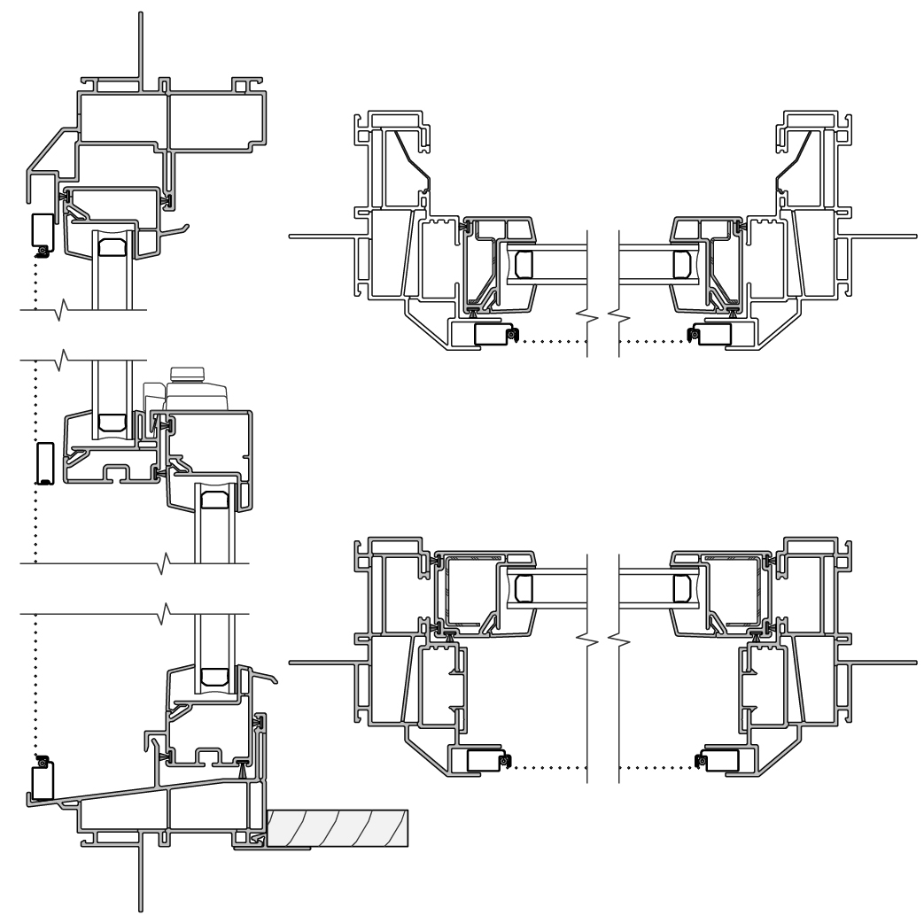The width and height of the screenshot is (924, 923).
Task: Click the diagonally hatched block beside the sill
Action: tap(337, 827)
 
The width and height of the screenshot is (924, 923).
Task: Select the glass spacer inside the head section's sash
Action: tap(113, 245)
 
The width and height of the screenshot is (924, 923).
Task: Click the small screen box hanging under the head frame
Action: tap(43, 232)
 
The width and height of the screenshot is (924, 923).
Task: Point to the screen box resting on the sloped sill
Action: tap(41, 779)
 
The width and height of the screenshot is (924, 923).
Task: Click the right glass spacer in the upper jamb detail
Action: tap(682, 263)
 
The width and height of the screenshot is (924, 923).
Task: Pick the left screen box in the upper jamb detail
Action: tap(492, 334)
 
